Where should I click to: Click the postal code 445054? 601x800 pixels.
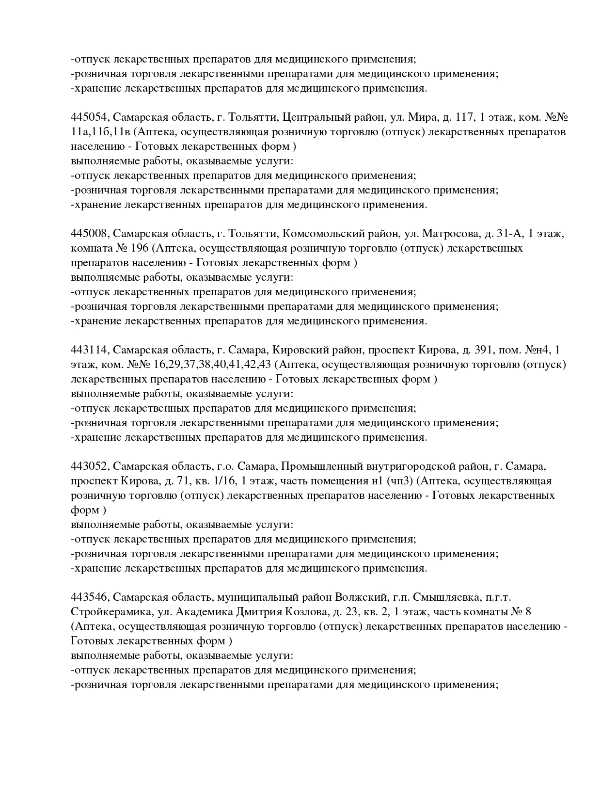coord(91,118)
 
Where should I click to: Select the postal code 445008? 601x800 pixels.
coord(91,234)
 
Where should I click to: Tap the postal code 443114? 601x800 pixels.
coord(91,351)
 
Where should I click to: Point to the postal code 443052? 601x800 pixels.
coord(91,467)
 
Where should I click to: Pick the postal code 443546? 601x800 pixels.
coord(91,598)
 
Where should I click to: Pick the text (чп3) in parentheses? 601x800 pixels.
coord(400,481)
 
